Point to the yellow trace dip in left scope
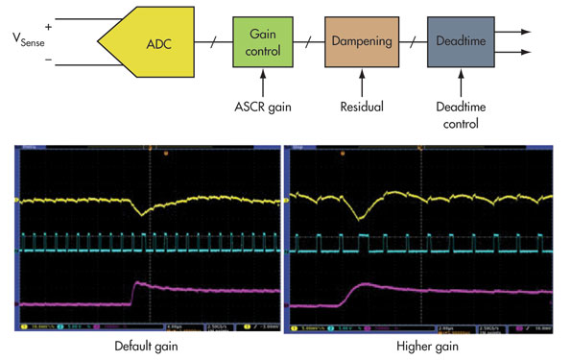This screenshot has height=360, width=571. pyautogui.click(x=141, y=214)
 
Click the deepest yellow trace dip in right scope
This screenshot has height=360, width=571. pyautogui.click(x=360, y=218)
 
